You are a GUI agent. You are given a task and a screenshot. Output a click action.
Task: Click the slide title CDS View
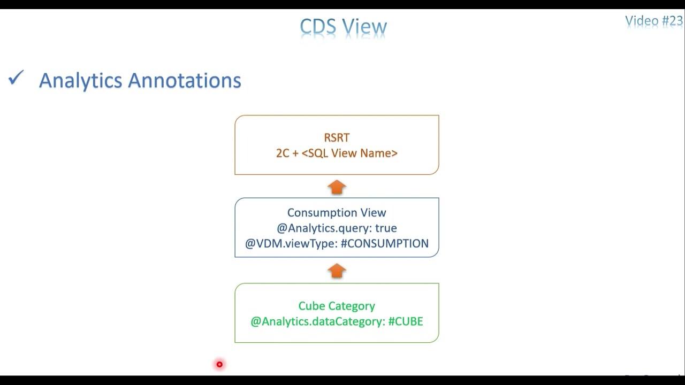tap(343, 27)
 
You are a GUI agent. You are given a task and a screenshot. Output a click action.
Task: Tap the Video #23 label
tap(654, 21)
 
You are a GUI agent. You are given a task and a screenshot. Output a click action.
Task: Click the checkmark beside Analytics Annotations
tap(16, 79)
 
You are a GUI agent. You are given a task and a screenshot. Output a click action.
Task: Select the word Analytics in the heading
tap(81, 81)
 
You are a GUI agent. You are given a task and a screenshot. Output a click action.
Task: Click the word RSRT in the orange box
tap(337, 138)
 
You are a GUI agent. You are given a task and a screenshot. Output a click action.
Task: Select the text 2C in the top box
tap(283, 153)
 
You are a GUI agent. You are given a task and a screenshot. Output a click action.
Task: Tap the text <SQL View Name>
tap(349, 153)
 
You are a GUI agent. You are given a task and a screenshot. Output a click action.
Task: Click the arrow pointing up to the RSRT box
tap(337, 187)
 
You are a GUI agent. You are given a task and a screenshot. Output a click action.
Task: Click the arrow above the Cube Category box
tap(337, 271)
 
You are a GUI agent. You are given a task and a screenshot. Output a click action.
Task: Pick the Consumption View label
tap(337, 213)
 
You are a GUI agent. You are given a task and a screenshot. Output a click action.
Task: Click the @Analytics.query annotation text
tap(323, 228)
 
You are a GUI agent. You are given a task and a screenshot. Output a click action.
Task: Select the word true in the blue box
tap(386, 228)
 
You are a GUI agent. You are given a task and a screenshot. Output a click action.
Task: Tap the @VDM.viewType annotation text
tap(291, 244)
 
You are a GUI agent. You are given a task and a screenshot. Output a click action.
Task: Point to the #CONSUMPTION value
tap(384, 244)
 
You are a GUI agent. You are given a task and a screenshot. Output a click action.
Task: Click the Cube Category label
tap(337, 306)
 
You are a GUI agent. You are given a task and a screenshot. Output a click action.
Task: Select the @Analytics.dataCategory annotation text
tap(317, 322)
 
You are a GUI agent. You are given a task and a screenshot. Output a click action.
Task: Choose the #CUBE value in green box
tap(406, 322)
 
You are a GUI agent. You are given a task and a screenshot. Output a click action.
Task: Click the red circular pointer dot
tap(219, 365)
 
